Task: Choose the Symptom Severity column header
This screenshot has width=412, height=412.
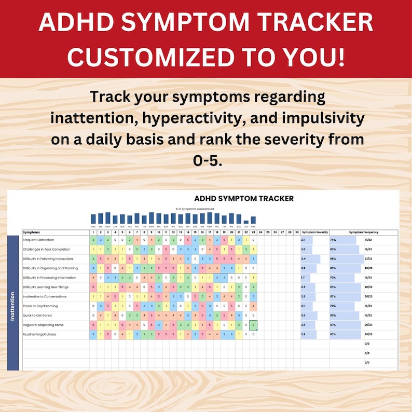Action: pyautogui.click(x=315, y=232)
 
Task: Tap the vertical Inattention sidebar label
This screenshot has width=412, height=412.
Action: pyautogui.click(x=13, y=306)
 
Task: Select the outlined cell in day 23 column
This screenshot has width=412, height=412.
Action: pyautogui.click(x=253, y=325)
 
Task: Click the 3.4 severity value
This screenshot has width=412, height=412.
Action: pyautogui.click(x=303, y=258)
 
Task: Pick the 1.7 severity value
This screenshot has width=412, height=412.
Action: pyautogui.click(x=303, y=278)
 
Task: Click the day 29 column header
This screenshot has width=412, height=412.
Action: pyautogui.click(x=296, y=232)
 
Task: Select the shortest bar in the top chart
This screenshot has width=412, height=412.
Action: pyautogui.click(x=246, y=221)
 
